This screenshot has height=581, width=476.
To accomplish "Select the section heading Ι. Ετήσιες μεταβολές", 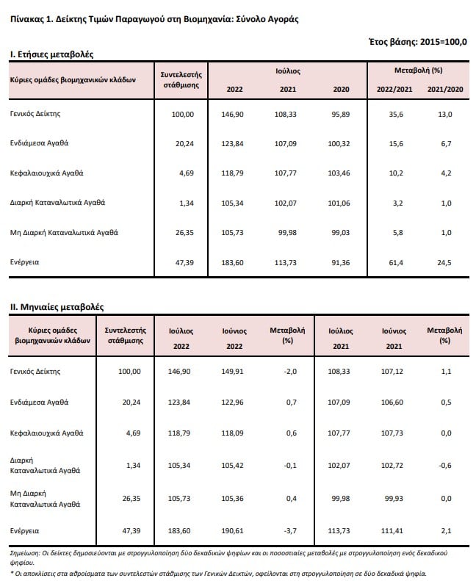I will pyautogui.click(x=52, y=55).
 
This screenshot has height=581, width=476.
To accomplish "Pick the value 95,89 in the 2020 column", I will pyautogui.click(x=341, y=114).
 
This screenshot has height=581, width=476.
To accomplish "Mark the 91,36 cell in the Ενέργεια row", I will pyautogui.click(x=341, y=261).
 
